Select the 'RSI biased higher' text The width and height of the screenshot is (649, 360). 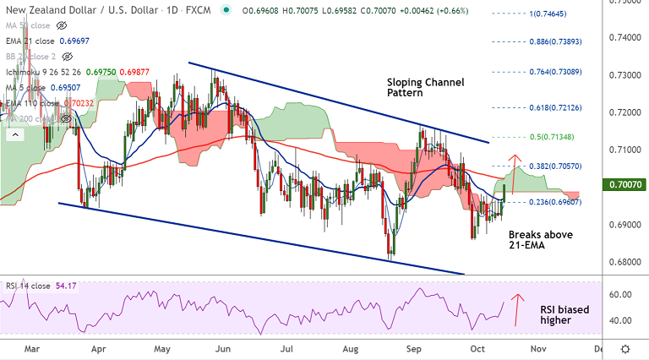coord(564,315)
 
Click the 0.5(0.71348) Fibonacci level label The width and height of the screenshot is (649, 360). coord(554,138)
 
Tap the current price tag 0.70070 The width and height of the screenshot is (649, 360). coord(625,183)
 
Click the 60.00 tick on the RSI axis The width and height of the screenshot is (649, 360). coord(620,294)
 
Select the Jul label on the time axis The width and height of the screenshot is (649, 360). coord(287,347)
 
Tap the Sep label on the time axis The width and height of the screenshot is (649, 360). coord(413,347)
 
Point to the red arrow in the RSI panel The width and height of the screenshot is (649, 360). coord(519,308)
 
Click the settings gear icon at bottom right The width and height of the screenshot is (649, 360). coord(624,347)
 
